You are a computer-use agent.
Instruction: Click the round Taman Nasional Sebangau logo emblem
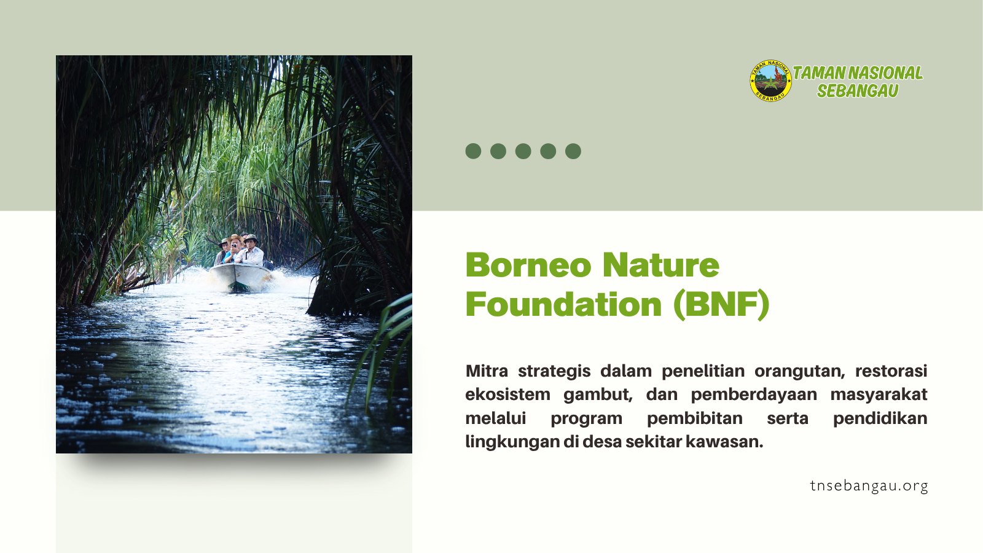coord(770,80)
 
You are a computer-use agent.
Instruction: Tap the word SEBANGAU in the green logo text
coord(858,90)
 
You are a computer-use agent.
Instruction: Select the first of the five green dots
coord(473,151)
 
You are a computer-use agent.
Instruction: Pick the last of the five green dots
coord(573,151)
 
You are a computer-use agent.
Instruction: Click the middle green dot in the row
coord(523,151)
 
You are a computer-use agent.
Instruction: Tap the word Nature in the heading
coord(661,265)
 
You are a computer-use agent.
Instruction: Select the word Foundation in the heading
coord(563,304)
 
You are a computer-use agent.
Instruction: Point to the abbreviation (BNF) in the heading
coord(721,305)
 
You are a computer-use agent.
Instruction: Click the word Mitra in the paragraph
coord(487,371)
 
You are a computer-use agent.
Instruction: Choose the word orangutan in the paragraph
coord(799,371)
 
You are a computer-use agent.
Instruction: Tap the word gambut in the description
coord(598,394)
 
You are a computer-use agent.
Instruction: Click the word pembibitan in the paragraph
coord(695,418)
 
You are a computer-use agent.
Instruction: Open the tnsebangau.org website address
coord(869,486)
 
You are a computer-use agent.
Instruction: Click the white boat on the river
coord(240,276)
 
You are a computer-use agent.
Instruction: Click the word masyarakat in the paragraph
coord(879,394)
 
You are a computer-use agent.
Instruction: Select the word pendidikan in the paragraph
coord(880,418)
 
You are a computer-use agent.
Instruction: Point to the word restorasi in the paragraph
coord(891,371)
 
